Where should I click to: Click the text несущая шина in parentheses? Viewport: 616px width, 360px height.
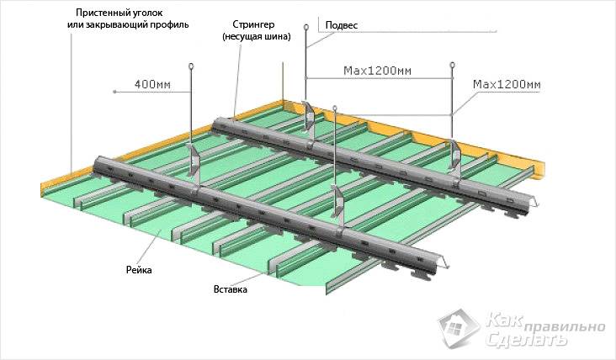(x=257, y=37)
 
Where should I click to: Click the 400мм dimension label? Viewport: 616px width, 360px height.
(x=148, y=84)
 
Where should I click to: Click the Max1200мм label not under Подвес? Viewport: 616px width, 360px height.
(x=506, y=85)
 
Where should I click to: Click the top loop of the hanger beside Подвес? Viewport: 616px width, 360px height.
(x=306, y=26)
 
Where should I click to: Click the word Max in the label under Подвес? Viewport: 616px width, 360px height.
(x=357, y=70)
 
